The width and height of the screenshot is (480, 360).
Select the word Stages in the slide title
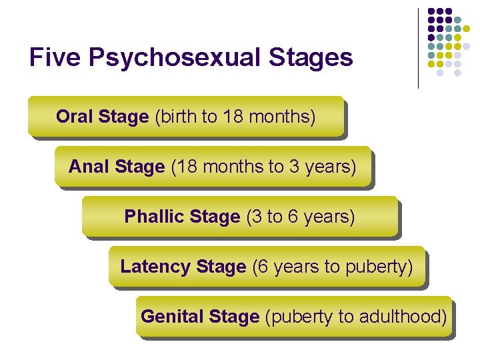(x=311, y=58)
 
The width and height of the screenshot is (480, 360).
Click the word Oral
(x=74, y=117)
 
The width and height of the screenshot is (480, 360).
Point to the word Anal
(x=89, y=167)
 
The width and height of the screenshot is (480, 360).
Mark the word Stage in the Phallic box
(x=215, y=217)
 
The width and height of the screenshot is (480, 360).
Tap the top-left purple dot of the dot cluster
(x=431, y=11)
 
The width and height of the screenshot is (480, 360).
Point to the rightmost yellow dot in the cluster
(x=476, y=29)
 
